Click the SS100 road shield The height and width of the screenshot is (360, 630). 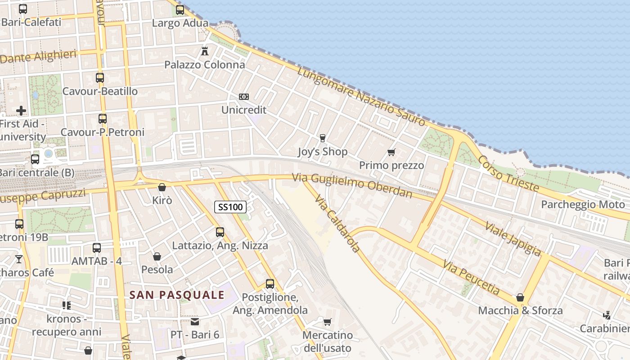click(230, 207)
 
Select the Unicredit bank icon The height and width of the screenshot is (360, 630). click(244, 97)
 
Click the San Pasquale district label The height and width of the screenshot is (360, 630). click(177, 295)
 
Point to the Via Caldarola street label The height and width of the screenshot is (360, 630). click(337, 224)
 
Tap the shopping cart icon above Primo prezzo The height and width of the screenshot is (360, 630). click(391, 153)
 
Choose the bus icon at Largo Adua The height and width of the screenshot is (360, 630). click(180, 10)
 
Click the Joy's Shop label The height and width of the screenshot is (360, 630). click(323, 152)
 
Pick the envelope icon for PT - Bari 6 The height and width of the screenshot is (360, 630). click(194, 322)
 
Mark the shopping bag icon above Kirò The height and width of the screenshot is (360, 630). click(162, 187)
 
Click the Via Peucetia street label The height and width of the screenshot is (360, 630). click(471, 277)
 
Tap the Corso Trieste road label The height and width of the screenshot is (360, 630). click(508, 173)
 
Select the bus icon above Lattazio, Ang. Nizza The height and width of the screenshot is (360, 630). click(220, 232)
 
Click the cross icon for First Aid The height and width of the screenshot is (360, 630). click(21, 110)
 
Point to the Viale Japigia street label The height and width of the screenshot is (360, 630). click(513, 238)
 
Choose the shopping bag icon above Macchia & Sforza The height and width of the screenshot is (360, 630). click(520, 297)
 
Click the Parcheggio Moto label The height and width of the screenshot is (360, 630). click(583, 205)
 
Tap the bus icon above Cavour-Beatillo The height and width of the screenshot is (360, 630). click(100, 78)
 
